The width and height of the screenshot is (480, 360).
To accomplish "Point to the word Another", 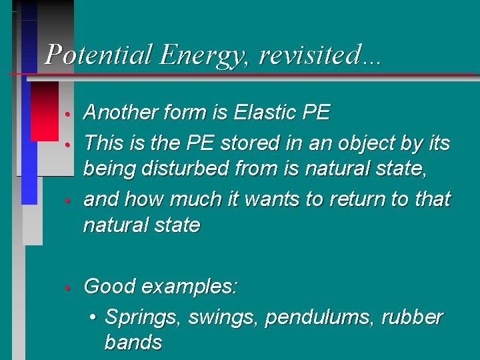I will (123, 113).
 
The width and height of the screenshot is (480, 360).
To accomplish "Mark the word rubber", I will (412, 317).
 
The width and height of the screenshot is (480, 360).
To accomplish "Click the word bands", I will (133, 343).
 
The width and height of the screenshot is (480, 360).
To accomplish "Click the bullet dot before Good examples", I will (67, 288).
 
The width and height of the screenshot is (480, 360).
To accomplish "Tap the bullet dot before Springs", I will (93, 318).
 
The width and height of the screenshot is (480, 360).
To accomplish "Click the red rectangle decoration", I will (45, 111).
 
